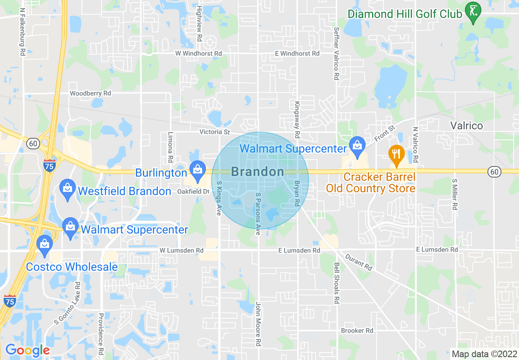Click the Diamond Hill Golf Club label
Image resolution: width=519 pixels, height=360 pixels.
[x=405, y=14]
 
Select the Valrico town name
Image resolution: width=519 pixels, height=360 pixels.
[x=467, y=126]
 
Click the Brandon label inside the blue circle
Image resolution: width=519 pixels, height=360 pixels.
[x=257, y=172]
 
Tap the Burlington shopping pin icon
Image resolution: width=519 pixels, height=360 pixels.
[x=198, y=171]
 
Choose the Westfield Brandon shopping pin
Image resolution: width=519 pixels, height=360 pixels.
[x=67, y=189]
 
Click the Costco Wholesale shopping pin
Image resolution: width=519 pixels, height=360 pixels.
[x=44, y=244]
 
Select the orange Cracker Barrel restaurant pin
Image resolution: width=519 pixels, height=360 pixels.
[x=396, y=155]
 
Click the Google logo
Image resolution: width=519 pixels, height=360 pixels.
[x=27, y=350]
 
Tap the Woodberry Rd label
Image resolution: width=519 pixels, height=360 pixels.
[x=90, y=93]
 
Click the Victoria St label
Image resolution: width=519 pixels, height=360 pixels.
[x=214, y=132]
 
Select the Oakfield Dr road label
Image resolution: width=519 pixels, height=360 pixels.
[x=193, y=191]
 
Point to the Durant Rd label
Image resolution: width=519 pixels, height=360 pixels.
[x=359, y=262]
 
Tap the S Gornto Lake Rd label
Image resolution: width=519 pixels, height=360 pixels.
[x=67, y=303]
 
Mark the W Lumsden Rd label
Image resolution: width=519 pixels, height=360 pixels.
[x=181, y=250]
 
